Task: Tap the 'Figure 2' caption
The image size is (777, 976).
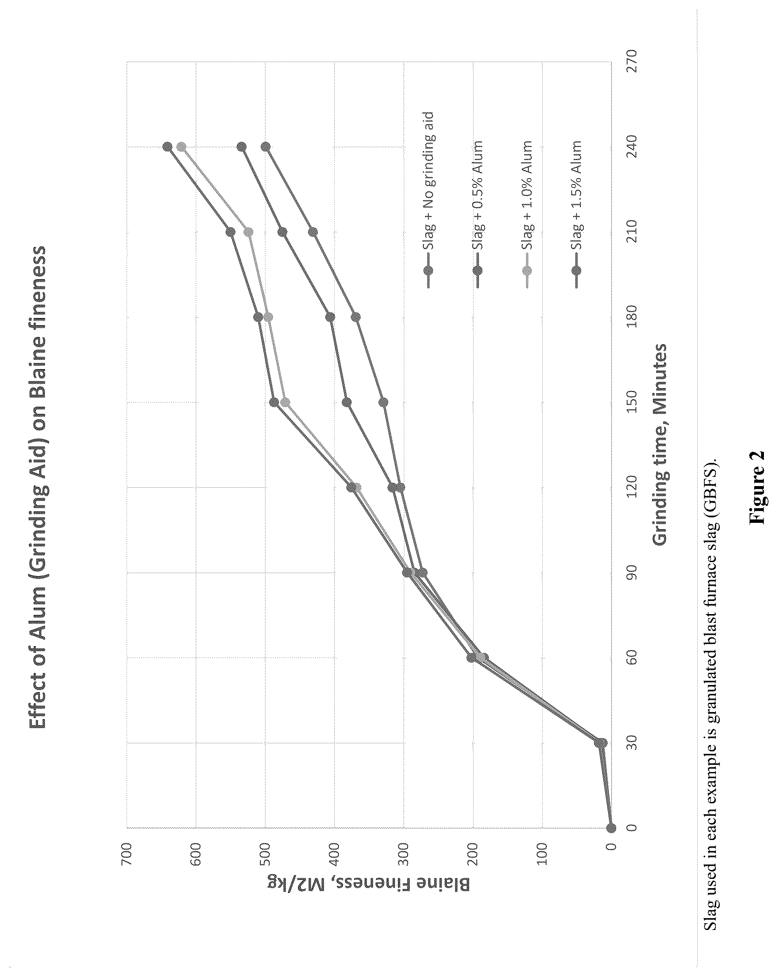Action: click(x=757, y=487)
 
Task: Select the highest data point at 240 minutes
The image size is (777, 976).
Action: click(x=168, y=147)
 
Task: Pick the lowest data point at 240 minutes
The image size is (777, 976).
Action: click(x=266, y=147)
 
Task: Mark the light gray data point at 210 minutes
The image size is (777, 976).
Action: click(x=249, y=232)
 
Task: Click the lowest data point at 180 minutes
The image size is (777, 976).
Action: click(x=356, y=317)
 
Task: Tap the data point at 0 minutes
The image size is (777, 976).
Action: click(x=612, y=828)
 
